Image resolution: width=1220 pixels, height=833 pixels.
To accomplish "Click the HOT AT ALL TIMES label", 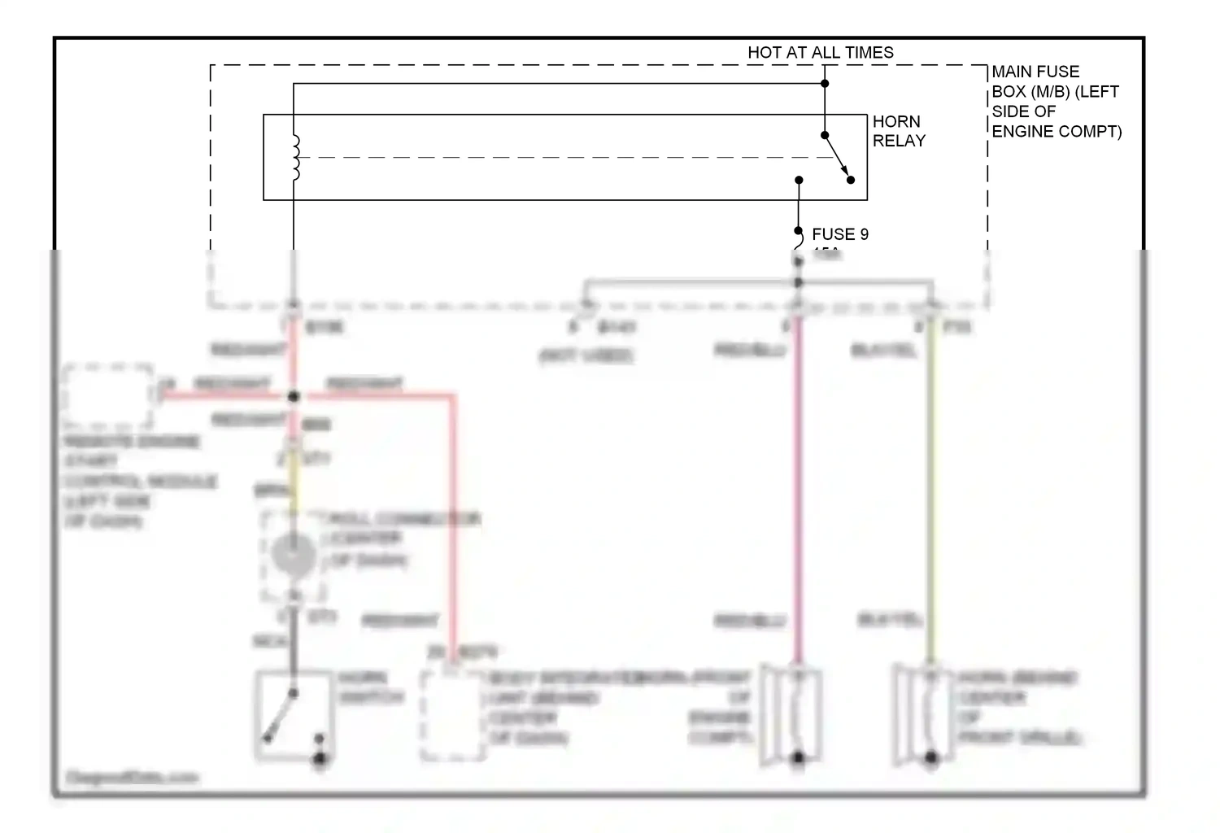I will (820, 53).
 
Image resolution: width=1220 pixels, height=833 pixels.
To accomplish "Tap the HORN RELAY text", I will (898, 131).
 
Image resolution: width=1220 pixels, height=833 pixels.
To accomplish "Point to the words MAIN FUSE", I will (1035, 72).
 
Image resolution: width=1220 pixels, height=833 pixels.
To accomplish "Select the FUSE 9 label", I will (839, 234).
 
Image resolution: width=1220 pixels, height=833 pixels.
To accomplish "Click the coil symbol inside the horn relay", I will (295, 157).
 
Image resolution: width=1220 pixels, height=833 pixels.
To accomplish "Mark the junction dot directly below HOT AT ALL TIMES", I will (825, 83).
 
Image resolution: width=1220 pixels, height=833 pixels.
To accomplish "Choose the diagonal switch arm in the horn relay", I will (838, 158).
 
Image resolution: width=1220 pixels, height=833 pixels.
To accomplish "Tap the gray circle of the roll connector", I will (293, 556).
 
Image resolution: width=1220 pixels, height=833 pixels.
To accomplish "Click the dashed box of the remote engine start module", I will (107, 396).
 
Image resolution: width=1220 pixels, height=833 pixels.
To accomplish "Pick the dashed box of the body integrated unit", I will (453, 716).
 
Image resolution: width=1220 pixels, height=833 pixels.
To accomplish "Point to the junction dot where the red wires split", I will (294, 396).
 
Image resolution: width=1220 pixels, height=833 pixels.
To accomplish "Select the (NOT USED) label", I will (586, 355).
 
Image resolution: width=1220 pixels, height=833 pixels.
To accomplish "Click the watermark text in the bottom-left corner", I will (132, 778).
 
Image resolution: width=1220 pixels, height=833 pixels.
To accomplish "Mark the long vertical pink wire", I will (798, 488).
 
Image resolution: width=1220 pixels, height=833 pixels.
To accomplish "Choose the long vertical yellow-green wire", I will (931, 488).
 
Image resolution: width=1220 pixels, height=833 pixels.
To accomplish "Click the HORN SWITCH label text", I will (371, 687).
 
